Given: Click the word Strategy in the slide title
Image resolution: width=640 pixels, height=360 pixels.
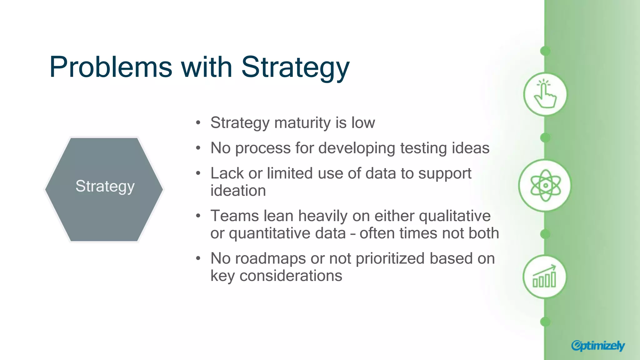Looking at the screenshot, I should click(295, 67).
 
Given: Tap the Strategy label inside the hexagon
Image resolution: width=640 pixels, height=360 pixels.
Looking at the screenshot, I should click(105, 186).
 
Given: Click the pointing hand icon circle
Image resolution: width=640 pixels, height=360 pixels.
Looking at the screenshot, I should click(545, 94).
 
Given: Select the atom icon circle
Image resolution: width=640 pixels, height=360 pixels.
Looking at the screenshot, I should click(545, 185).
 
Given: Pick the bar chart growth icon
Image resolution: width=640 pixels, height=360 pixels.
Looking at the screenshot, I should click(544, 277).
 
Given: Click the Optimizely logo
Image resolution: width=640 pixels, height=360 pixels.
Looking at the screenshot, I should click(597, 345).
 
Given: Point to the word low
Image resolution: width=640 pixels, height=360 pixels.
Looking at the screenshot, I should click(363, 122).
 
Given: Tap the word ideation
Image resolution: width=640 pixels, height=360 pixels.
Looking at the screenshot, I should click(238, 191).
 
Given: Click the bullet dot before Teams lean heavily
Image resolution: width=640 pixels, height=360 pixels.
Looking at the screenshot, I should click(198, 216).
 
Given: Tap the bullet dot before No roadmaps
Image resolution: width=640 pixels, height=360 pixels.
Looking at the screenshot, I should click(198, 258).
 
